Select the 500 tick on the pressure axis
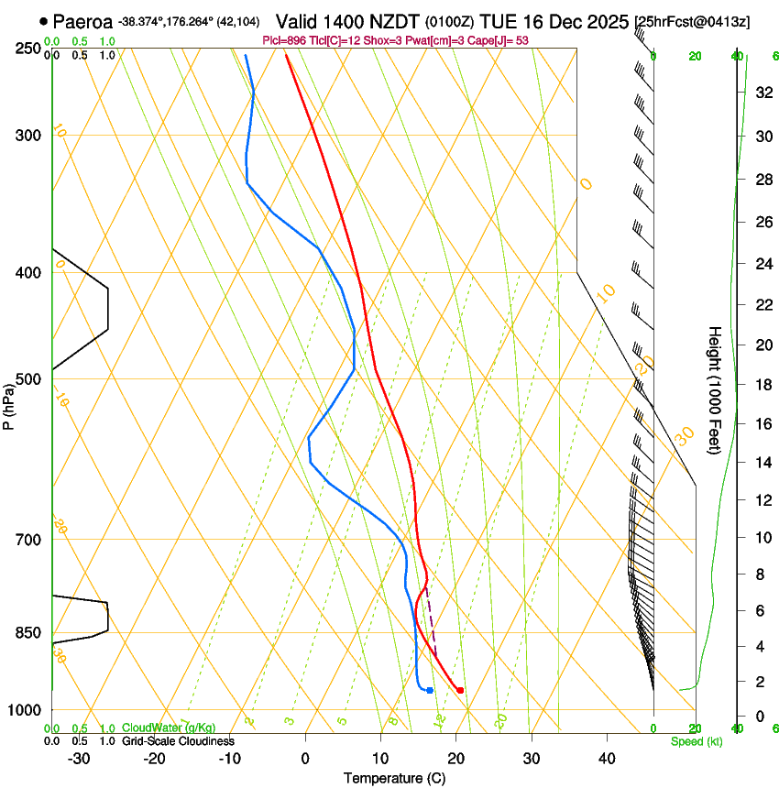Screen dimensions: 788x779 [29, 379]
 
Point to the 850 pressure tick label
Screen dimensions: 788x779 [29, 633]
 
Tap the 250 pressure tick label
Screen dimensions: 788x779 [29, 49]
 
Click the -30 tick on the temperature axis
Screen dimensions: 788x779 [79, 759]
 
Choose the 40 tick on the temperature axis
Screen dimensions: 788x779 [606, 759]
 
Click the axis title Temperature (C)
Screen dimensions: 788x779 [394, 778]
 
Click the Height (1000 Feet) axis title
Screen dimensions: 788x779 [715, 389]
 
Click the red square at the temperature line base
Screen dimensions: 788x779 [460, 690]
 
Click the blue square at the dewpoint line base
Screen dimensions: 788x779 [430, 690]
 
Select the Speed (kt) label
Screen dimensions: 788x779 [696, 741]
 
